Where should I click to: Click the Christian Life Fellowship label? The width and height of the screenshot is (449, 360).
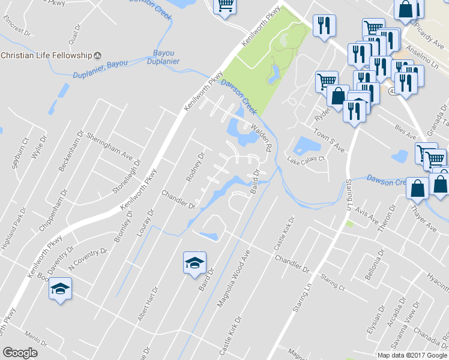point(45,55)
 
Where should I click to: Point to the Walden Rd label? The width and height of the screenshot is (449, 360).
point(262,138)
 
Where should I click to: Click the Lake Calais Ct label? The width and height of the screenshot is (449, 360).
point(306,160)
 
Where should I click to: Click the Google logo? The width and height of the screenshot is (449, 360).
point(20,353)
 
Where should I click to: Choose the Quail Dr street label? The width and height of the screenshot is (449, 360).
point(74,36)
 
